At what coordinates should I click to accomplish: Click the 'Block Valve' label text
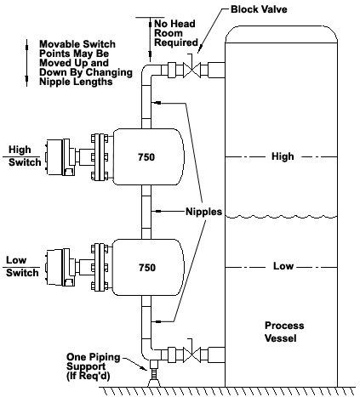(259, 9)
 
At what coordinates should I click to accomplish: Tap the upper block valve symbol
(192, 70)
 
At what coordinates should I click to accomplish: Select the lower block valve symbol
(192, 354)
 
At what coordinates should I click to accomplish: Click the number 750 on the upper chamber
(146, 157)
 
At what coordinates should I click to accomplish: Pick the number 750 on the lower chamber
(147, 268)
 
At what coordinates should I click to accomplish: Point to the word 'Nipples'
(203, 212)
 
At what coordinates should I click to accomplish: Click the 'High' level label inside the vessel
(283, 156)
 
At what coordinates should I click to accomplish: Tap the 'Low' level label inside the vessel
(283, 266)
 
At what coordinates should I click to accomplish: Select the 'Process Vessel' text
(284, 332)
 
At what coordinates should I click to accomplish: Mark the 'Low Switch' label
(22, 266)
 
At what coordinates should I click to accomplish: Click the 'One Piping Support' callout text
(93, 366)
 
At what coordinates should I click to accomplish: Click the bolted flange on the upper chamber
(100, 157)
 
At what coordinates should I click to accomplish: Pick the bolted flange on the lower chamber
(100, 267)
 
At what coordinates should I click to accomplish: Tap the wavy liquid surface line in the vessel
(281, 217)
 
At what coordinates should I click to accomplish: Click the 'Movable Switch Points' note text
(86, 63)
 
